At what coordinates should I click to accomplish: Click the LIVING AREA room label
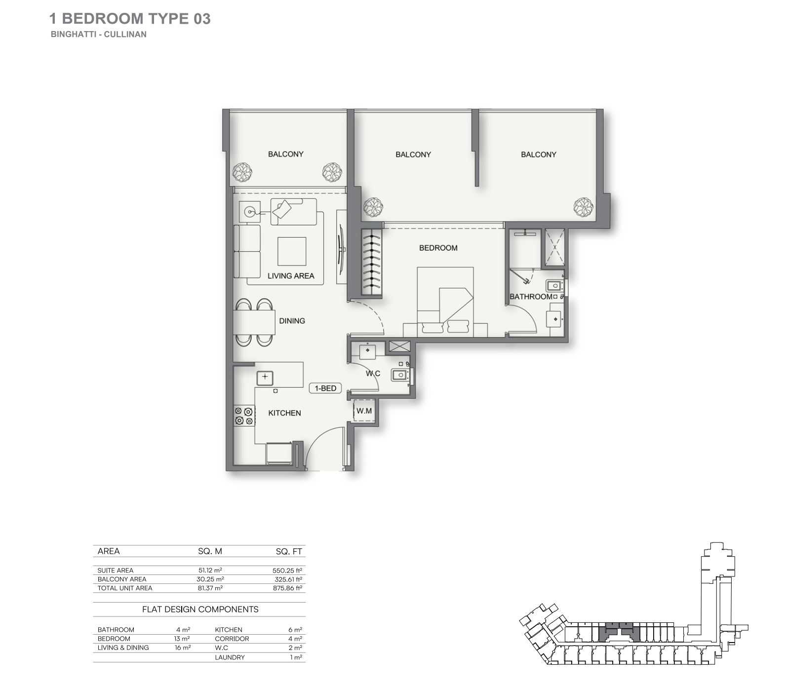(291, 276)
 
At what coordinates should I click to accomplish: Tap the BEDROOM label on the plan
(438, 248)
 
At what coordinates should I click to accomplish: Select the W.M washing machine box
(364, 411)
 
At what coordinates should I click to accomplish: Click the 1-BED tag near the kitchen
(326, 388)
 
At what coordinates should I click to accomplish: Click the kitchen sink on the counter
(265, 378)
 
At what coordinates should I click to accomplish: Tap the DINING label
(292, 321)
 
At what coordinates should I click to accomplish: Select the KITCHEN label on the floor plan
(284, 413)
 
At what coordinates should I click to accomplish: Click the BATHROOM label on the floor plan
(531, 297)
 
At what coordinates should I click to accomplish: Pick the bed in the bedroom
(445, 302)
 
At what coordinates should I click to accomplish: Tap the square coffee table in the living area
(292, 252)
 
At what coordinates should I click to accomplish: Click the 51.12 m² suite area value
(210, 570)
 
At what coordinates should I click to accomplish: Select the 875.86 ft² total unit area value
(287, 588)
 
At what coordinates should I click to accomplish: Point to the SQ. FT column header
(289, 552)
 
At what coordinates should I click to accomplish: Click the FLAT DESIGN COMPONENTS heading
(200, 610)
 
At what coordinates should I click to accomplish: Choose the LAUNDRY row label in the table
(230, 657)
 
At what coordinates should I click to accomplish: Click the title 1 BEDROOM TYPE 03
(130, 19)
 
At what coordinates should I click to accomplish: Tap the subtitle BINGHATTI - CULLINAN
(99, 35)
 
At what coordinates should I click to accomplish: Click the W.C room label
(373, 374)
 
